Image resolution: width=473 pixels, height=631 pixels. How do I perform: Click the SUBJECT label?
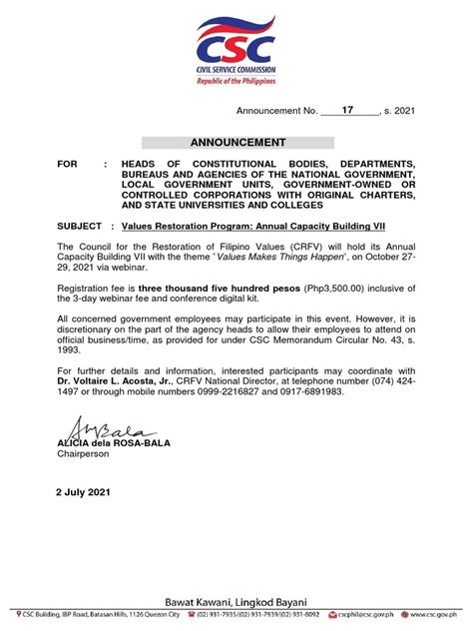(83, 226)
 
